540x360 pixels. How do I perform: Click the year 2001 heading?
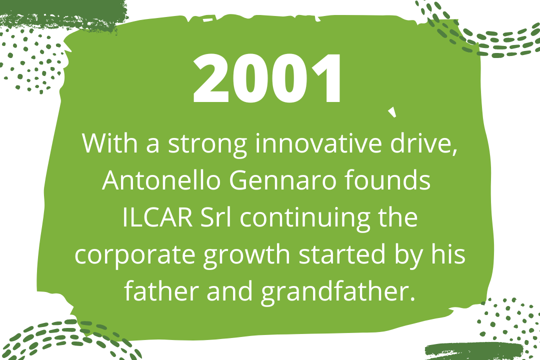click(x=267, y=78)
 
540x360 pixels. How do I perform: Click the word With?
click(x=110, y=143)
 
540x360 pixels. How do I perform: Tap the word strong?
click(x=207, y=144)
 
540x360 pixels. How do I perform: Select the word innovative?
click(x=318, y=142)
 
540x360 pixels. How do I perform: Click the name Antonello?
click(x=161, y=179)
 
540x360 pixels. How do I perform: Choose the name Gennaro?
click(x=282, y=179)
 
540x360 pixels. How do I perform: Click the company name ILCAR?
click(x=157, y=217)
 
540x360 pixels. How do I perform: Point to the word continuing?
click(x=305, y=219)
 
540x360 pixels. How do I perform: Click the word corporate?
click(x=135, y=255)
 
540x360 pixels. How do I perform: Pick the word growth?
click(x=246, y=256)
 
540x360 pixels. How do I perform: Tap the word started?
click(x=342, y=254)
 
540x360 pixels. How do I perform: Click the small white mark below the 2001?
click(x=392, y=112)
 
